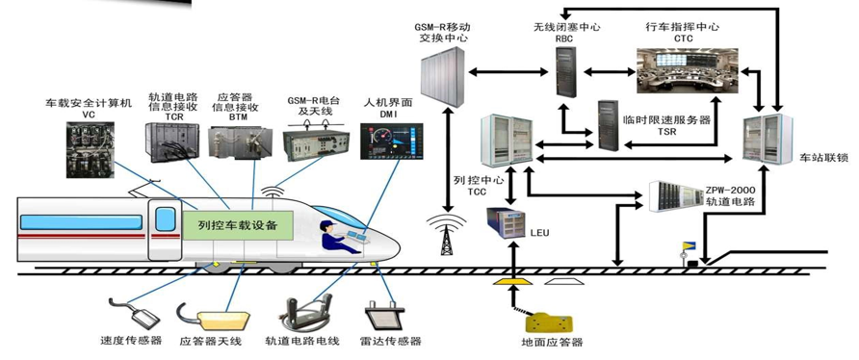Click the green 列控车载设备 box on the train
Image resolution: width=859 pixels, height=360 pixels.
pos(237,225)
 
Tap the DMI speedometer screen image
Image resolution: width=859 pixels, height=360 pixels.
pos(392,141)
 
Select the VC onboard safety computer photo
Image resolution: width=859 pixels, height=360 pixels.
pos(91,149)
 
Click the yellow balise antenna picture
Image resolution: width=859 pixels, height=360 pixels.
pos(214,317)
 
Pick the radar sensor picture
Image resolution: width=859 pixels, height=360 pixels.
pos(384,315)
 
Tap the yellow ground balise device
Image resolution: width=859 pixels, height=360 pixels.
pos(548,323)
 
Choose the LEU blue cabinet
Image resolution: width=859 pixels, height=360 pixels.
pos(506,223)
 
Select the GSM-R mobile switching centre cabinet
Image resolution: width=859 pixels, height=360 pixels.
pos(443,76)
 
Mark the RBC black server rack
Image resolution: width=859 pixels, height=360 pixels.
pos(566,71)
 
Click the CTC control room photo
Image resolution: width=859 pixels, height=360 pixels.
pos(687,70)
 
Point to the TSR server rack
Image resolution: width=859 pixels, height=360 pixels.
pos(608,124)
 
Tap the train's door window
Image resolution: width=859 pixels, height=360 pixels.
pos(166,219)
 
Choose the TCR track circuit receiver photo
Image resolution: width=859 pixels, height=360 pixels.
pos(170,141)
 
